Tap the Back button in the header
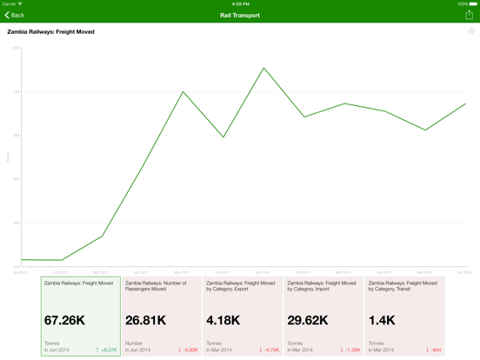[15, 15]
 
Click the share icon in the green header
[469, 15]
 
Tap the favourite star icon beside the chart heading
[471, 31]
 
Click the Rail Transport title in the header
[240, 15]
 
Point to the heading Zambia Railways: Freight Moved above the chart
[50, 31]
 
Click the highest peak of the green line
[263, 68]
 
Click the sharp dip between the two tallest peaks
[223, 137]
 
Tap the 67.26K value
[64, 320]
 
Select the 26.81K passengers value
[145, 320]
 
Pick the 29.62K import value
[308, 320]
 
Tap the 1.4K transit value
[382, 320]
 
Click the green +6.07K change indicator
[106, 350]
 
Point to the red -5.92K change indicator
[188, 350]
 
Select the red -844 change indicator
[434, 350]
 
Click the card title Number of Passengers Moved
[156, 285]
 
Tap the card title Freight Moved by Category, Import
[321, 285]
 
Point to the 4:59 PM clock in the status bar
[240, 3]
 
